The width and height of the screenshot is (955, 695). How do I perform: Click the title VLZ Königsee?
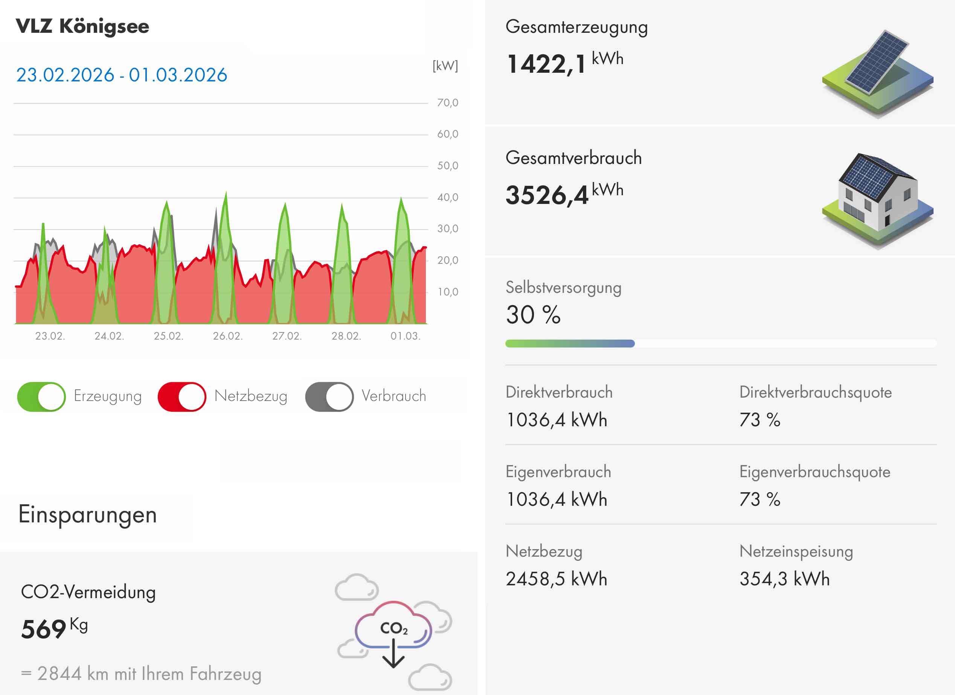click(x=82, y=26)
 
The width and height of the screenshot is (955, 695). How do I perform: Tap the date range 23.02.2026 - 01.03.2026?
click(x=122, y=75)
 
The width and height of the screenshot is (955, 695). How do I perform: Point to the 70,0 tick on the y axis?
click(x=447, y=103)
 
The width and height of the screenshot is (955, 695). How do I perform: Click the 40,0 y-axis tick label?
click(x=447, y=197)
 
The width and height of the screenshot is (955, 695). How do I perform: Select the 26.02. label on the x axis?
click(x=227, y=336)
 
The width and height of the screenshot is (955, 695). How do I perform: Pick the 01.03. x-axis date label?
click(x=405, y=336)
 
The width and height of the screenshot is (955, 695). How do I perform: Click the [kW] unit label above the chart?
click(x=445, y=66)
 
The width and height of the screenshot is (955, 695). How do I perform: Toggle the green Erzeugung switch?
click(x=41, y=396)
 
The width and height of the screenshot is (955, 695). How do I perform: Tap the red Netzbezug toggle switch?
click(x=182, y=396)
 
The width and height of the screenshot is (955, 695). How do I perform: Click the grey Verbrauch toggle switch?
click(x=329, y=396)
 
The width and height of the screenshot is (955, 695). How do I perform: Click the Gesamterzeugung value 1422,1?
click(x=546, y=64)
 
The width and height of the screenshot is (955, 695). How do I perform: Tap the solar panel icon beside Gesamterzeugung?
click(x=877, y=72)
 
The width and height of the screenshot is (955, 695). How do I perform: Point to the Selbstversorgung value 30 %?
click(x=533, y=315)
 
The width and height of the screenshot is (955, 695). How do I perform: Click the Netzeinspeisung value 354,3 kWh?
click(x=784, y=579)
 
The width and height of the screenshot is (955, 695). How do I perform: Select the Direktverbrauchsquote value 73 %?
click(x=760, y=420)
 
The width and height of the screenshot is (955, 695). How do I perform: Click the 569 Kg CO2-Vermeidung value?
click(x=54, y=628)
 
